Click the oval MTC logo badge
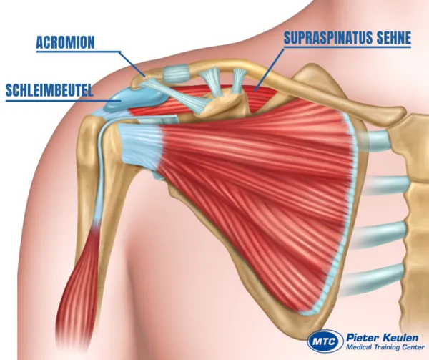322,341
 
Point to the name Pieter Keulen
379,335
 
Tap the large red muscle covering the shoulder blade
250,186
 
